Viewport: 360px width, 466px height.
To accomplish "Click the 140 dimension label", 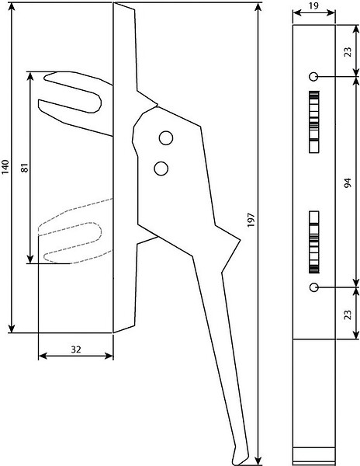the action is (x=6, y=167).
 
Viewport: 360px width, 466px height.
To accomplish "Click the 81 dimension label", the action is (x=25, y=167).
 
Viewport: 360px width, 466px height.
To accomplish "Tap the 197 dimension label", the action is (x=251, y=220).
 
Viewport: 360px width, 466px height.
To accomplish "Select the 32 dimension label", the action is (x=76, y=349).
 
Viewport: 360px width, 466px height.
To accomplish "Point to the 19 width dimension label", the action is (x=313, y=6).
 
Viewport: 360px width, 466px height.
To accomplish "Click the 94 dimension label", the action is (x=348, y=183).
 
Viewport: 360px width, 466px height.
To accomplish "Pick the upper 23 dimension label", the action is (x=348, y=52).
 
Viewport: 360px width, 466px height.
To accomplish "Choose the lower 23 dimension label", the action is (x=348, y=315).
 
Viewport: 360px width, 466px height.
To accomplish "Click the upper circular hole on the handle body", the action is (x=166, y=138).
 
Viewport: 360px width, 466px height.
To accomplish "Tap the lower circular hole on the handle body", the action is (x=161, y=169).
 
